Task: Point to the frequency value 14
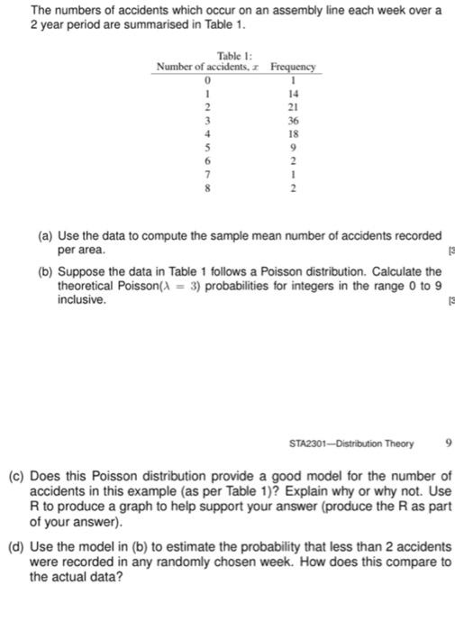(292, 92)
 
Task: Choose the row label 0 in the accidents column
(208, 79)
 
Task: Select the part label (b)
(44, 270)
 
